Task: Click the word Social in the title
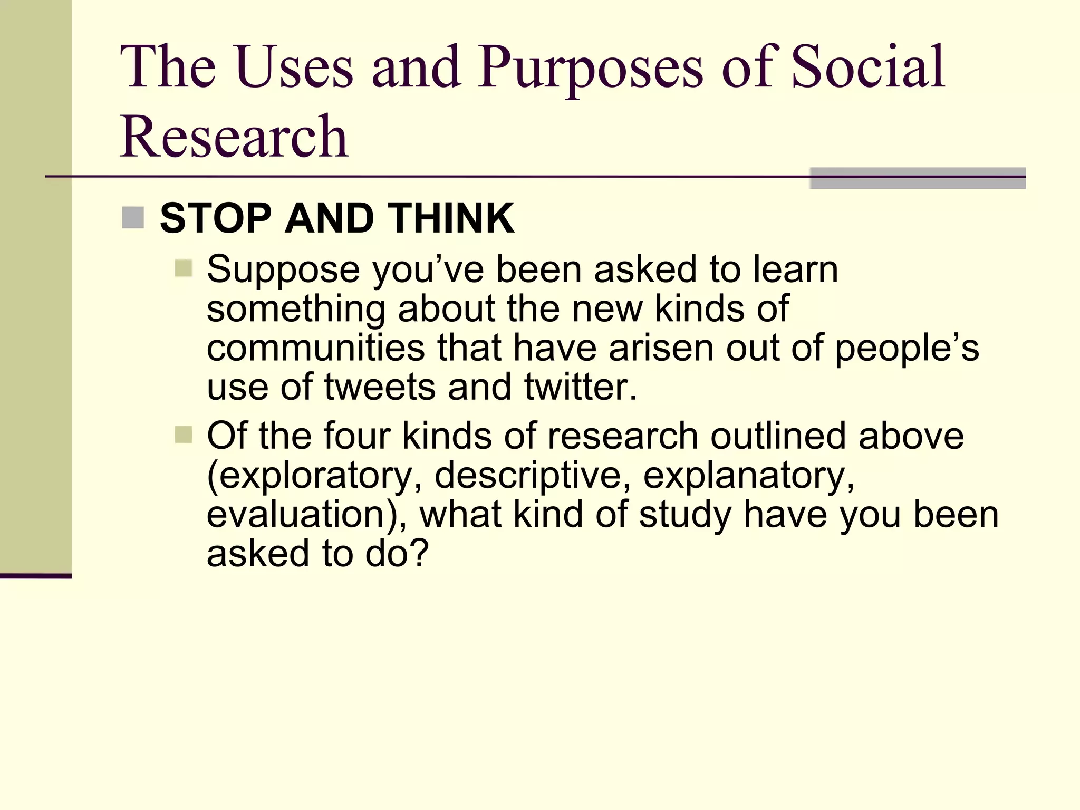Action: pyautogui.click(x=868, y=67)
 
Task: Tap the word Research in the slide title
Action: pyautogui.click(x=234, y=137)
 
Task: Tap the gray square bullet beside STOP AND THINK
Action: pyautogui.click(x=132, y=218)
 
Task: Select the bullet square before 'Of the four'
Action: pyautogui.click(x=183, y=435)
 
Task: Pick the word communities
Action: pyautogui.click(x=315, y=349)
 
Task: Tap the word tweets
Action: pyautogui.click(x=379, y=387)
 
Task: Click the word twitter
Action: pyautogui.click(x=580, y=387)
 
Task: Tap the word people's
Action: pyautogui.click(x=907, y=349)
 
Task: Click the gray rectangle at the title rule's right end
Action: pyautogui.click(x=917, y=178)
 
